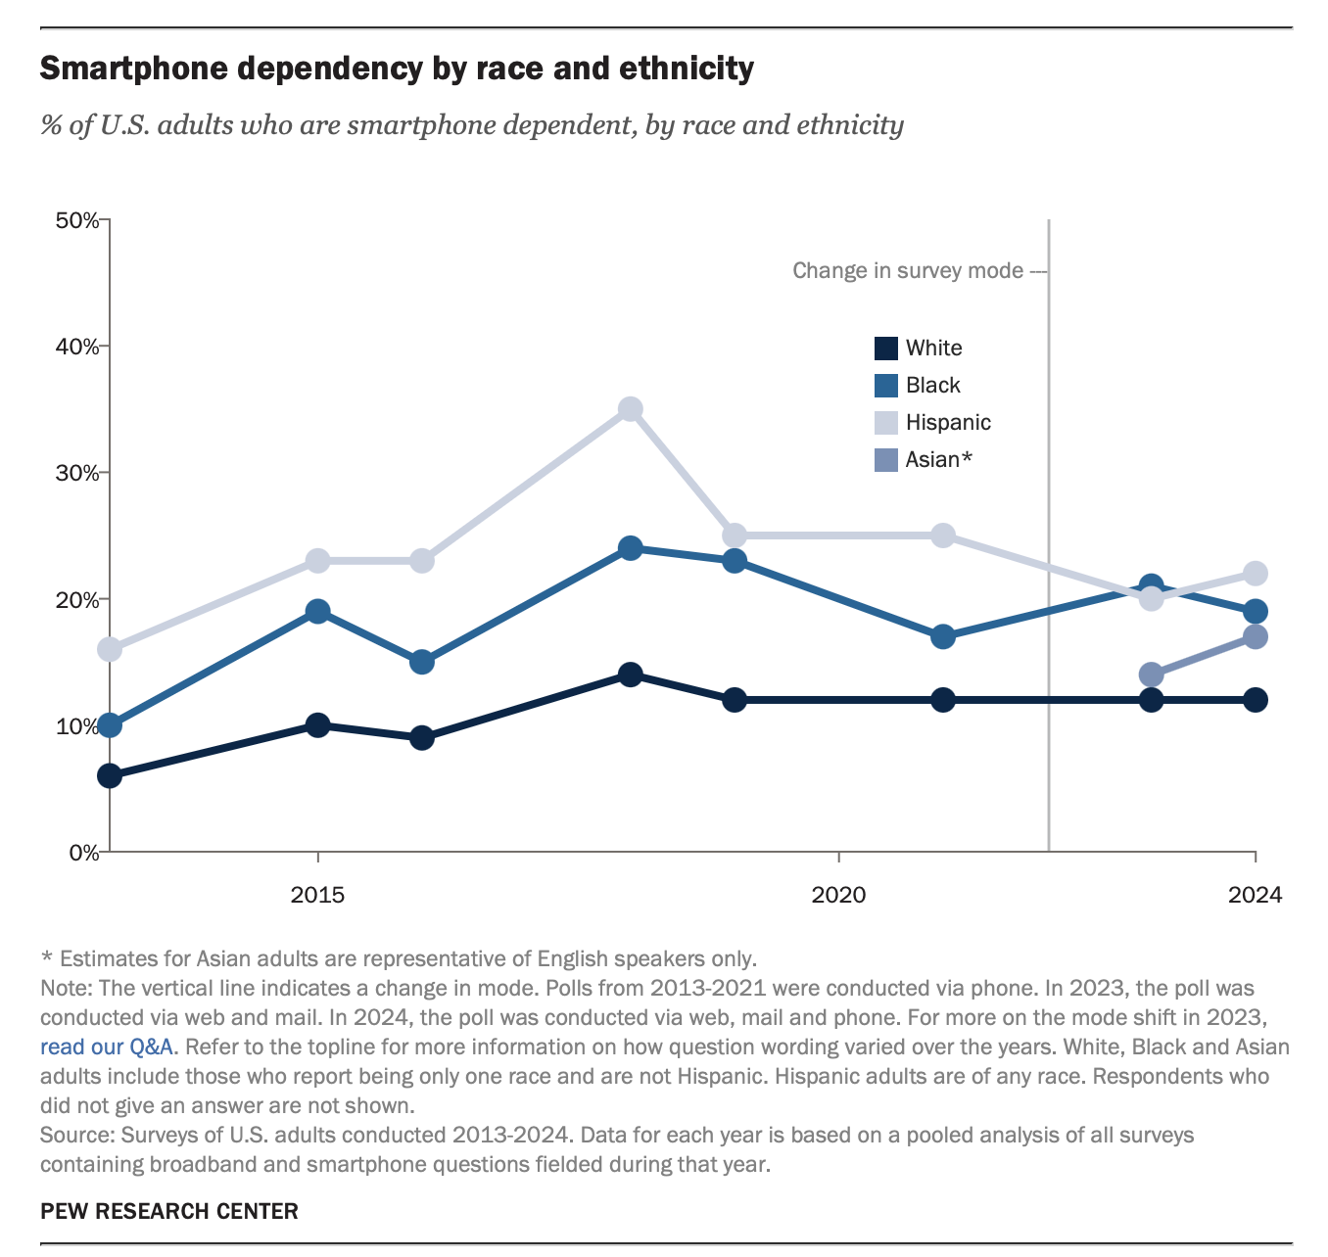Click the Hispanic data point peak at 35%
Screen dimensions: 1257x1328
(631, 409)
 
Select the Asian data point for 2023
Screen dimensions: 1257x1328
(1152, 675)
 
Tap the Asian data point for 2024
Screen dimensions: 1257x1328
(1256, 637)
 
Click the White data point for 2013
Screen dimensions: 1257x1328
(110, 776)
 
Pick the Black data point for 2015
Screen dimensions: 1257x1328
(317, 612)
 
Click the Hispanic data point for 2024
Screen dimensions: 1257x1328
(1256, 574)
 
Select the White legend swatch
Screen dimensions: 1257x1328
(885, 349)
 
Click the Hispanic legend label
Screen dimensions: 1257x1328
(948, 423)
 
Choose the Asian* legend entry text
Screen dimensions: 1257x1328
(938, 460)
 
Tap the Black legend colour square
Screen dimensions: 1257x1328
(885, 386)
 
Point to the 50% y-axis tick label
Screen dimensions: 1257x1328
(77, 220)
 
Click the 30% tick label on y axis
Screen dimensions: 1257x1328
(77, 473)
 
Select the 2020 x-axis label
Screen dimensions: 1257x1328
(838, 895)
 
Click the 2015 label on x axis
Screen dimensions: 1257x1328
(317, 895)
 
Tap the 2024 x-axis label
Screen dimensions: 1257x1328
(1255, 895)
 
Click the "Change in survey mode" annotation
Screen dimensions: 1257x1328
(908, 271)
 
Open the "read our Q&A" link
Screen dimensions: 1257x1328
(107, 1047)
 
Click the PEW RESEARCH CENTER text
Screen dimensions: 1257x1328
(169, 1212)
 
